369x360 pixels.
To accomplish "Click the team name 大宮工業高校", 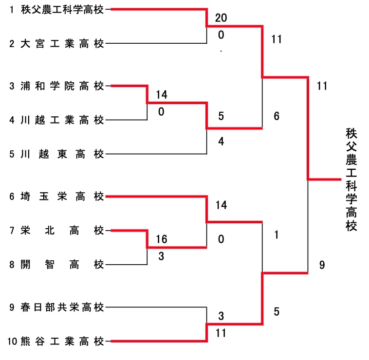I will (63, 44).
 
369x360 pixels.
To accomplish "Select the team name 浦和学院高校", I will (63, 86).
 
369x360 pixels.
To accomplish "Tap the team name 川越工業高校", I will (63, 120).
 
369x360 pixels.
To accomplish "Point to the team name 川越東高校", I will (63, 154).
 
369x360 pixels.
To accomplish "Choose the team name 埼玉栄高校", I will (63, 197).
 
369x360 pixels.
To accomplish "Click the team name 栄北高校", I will (63, 230).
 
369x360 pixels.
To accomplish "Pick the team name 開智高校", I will (63, 265).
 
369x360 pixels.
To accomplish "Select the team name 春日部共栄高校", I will (63, 307).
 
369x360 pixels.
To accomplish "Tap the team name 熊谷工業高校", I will (63, 341).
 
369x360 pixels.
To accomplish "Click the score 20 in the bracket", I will (221, 18).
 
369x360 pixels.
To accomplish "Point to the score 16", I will (162, 239).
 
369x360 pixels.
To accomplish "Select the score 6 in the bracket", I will (277, 116).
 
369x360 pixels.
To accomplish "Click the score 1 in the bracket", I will (277, 235).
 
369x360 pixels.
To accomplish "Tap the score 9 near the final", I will (322, 265).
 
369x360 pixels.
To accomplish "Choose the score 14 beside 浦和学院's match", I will (162, 94).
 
